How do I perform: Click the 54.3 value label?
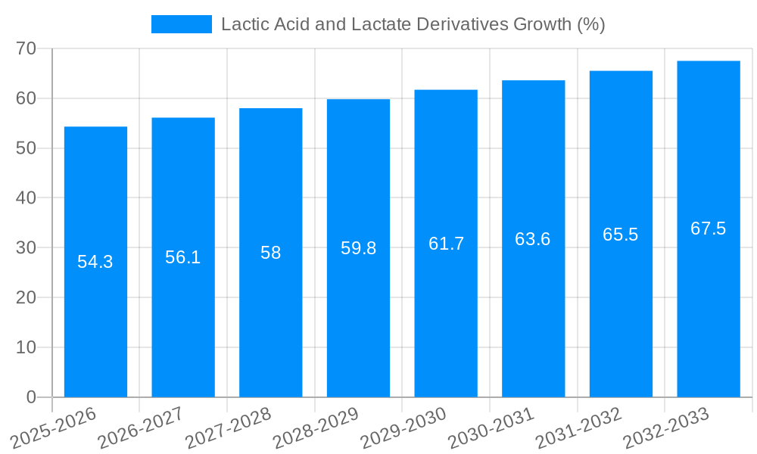pyautogui.click(x=95, y=262)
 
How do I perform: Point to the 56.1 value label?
pyautogui.click(x=183, y=257)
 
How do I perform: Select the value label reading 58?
pyautogui.click(x=271, y=253)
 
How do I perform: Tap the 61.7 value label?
pyautogui.click(x=446, y=244)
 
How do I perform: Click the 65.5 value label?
pyautogui.click(x=621, y=235)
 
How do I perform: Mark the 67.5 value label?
pyautogui.click(x=709, y=229)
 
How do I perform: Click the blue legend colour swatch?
pyautogui.click(x=182, y=24)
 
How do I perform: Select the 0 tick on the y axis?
pyautogui.click(x=31, y=397)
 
